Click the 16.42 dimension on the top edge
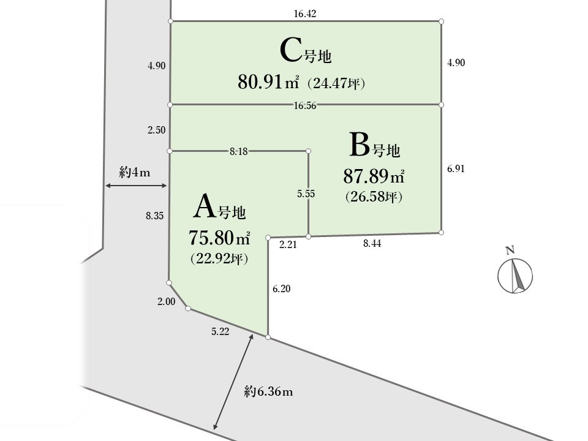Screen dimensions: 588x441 tap(305, 14)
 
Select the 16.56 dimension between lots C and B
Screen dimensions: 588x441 tap(305, 106)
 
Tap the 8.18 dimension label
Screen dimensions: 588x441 tap(238, 151)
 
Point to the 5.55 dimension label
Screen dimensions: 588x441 tap(306, 194)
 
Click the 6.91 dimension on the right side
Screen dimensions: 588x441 tap(456, 169)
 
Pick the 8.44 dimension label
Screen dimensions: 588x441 tap(372, 244)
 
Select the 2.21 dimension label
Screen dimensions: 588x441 tap(288, 245)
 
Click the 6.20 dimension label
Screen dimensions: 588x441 tap(281, 288)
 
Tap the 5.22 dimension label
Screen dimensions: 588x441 tap(220, 331)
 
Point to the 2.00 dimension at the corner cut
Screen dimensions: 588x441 tap(166, 301)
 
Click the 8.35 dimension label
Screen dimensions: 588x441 tap(155, 216)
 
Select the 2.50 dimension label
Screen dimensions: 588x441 tap(156, 130)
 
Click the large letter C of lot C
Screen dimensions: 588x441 tap(290, 51)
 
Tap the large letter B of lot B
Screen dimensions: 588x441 tap(360, 145)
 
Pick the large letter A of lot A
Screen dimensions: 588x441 tap(205, 206)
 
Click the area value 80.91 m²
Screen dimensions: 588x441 tap(268, 81)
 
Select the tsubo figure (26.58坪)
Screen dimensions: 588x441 tap(374, 196)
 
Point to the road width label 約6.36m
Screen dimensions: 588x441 tap(268, 392)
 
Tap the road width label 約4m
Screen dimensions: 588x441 tap(135, 172)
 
